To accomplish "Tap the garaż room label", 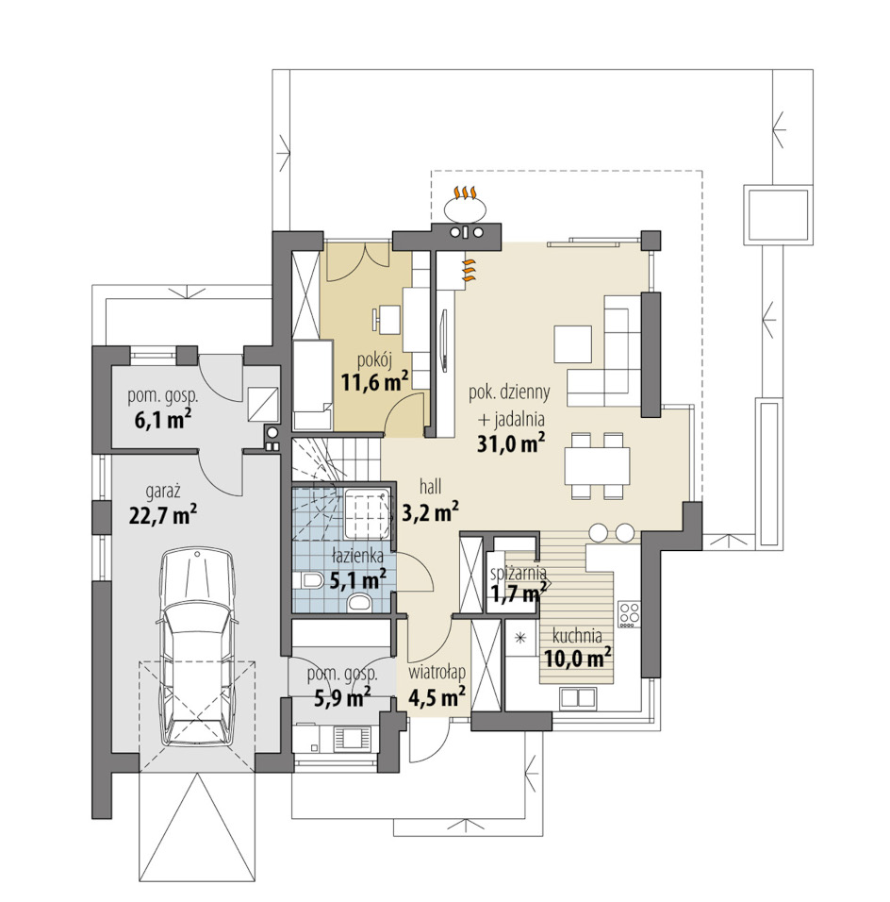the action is click(163, 492).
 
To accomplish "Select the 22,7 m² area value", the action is click(163, 515).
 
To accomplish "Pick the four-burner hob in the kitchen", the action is click(629, 614).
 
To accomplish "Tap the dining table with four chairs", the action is click(597, 466).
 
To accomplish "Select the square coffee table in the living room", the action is click(572, 344).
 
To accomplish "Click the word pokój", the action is click(374, 361).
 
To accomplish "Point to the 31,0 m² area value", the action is click(511, 443).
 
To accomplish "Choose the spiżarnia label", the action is click(518, 573).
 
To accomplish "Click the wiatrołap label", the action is click(437, 673).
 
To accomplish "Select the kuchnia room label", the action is click(577, 636).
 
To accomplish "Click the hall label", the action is click(430, 487).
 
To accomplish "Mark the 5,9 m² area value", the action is click(342, 698).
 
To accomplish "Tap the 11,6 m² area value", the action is click(375, 382).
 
